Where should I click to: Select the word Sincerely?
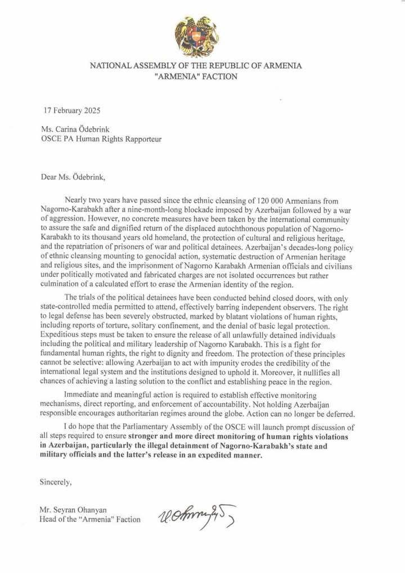[x=56, y=482]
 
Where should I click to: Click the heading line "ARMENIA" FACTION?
[x=196, y=77]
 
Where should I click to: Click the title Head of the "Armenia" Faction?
[x=90, y=519]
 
